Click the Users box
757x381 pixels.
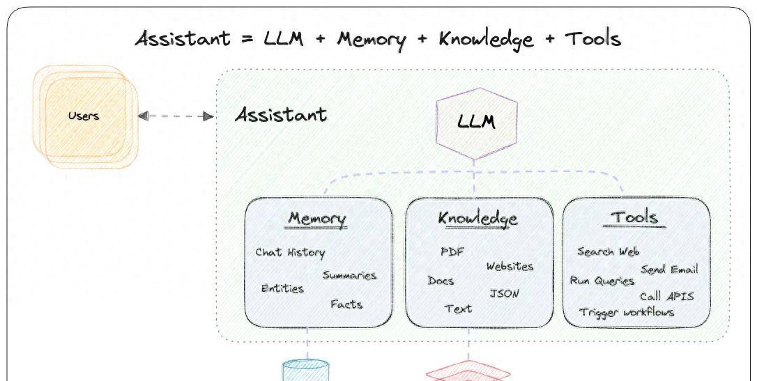(83, 116)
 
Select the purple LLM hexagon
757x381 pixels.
(477, 122)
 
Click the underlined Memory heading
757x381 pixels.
(317, 219)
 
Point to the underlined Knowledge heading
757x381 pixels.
(478, 219)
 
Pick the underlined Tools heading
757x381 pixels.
(634, 217)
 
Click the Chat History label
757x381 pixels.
(290, 252)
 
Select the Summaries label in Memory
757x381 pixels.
(349, 275)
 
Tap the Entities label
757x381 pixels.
(282, 288)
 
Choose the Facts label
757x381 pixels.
(346, 304)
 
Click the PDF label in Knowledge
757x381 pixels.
(452, 251)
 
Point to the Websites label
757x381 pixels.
(510, 267)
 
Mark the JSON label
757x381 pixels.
(504, 293)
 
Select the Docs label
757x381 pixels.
(441, 281)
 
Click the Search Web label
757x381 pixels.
(608, 251)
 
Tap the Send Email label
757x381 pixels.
(669, 270)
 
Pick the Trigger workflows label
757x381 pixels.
(627, 312)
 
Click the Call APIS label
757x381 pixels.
(666, 296)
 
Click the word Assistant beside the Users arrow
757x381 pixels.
(281, 114)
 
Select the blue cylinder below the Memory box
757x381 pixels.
(305, 371)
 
